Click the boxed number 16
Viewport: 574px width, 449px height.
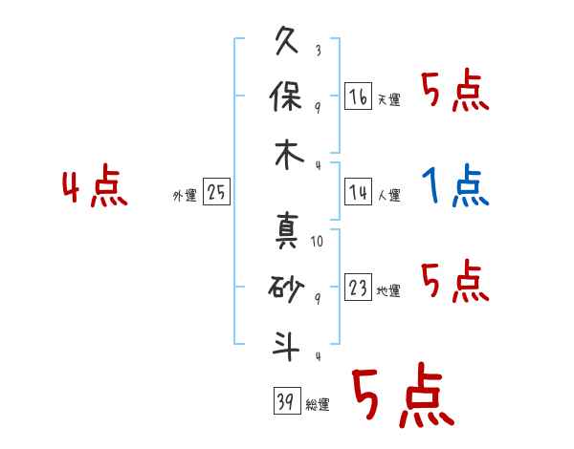point(358,97)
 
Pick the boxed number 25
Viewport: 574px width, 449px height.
point(216,194)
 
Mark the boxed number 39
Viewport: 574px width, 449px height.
point(284,402)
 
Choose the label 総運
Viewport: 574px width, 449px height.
point(317,405)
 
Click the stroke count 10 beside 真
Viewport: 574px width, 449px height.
point(317,242)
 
